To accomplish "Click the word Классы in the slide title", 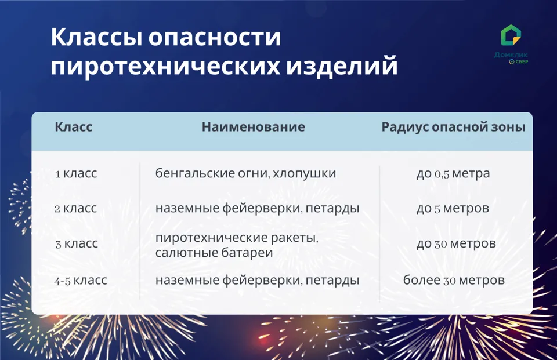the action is [97, 38].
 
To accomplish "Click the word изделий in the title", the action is [342, 66].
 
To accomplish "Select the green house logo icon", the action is [511, 35].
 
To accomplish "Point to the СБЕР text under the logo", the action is [522, 62].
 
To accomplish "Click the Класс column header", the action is [74, 127].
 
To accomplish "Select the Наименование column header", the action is [254, 127].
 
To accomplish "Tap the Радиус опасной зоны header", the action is [453, 127].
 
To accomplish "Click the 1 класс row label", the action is [76, 173].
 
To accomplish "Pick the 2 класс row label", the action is [75, 208].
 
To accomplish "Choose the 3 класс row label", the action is [77, 244].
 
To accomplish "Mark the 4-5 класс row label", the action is [81, 281].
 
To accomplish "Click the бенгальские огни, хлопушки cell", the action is [245, 173].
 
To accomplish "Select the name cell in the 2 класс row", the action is [257, 208].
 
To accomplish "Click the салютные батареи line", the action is [214, 253].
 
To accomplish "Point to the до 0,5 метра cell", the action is [453, 173].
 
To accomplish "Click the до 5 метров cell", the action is [453, 208].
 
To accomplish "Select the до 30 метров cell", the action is [456, 244].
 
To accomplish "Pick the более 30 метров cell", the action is [454, 281].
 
